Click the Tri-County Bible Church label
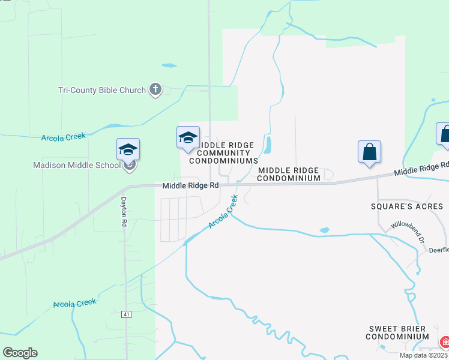coord(102,90)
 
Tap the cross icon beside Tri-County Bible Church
coord(155,90)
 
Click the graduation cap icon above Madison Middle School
coord(128,149)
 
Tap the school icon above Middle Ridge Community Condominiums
coord(188,137)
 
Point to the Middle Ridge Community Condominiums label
coord(223,153)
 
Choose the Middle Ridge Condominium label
coord(289,174)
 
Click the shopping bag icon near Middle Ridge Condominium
coord(369,152)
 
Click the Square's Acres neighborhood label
coord(406,206)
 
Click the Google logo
coord(20,353)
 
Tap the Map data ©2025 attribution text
coord(423,355)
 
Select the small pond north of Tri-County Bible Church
coord(169,65)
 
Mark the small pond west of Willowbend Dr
coord(325,229)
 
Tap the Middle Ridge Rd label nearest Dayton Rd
coord(190,186)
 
